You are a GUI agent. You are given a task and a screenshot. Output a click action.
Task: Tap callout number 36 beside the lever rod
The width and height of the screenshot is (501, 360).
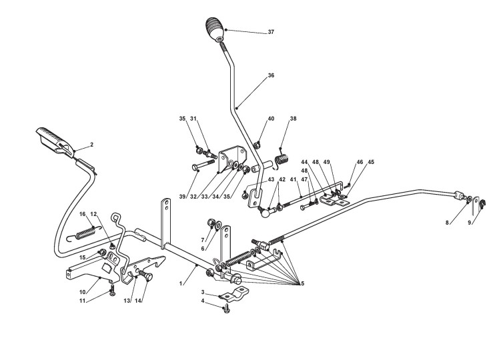(x=271, y=76)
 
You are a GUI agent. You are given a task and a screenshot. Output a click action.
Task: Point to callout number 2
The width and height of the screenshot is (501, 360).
(x=91, y=144)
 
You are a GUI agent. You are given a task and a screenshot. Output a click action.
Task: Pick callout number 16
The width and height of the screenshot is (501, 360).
(x=82, y=214)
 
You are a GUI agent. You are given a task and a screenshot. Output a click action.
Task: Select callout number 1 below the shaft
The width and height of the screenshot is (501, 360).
(x=181, y=284)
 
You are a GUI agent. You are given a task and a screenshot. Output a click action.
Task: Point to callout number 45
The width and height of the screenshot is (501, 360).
(x=371, y=161)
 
